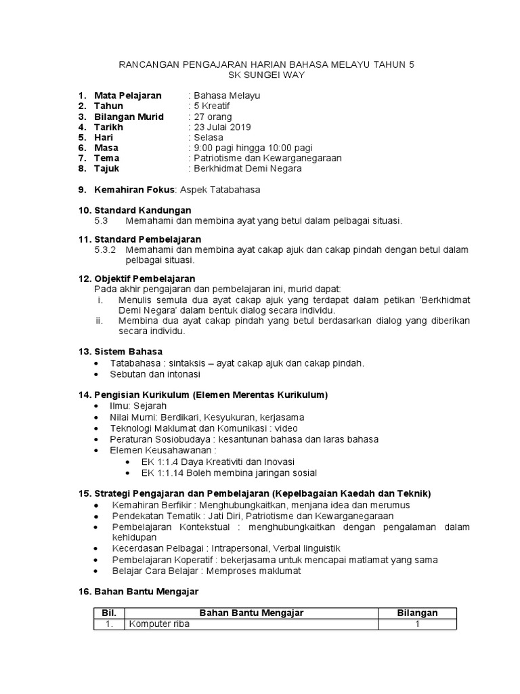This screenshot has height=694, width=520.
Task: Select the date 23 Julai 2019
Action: pyautogui.click(x=221, y=127)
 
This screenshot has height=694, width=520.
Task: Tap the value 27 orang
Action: pyautogui.click(x=211, y=117)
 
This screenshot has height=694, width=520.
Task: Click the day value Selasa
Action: pyautogui.click(x=207, y=138)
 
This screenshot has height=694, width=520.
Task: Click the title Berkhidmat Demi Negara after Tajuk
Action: pyautogui.click(x=246, y=169)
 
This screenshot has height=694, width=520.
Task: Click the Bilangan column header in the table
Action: pyautogui.click(x=417, y=613)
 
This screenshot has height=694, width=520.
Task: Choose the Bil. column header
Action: pyautogui.click(x=108, y=613)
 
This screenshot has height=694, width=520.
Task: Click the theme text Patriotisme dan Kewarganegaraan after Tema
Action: pyautogui.click(x=266, y=158)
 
